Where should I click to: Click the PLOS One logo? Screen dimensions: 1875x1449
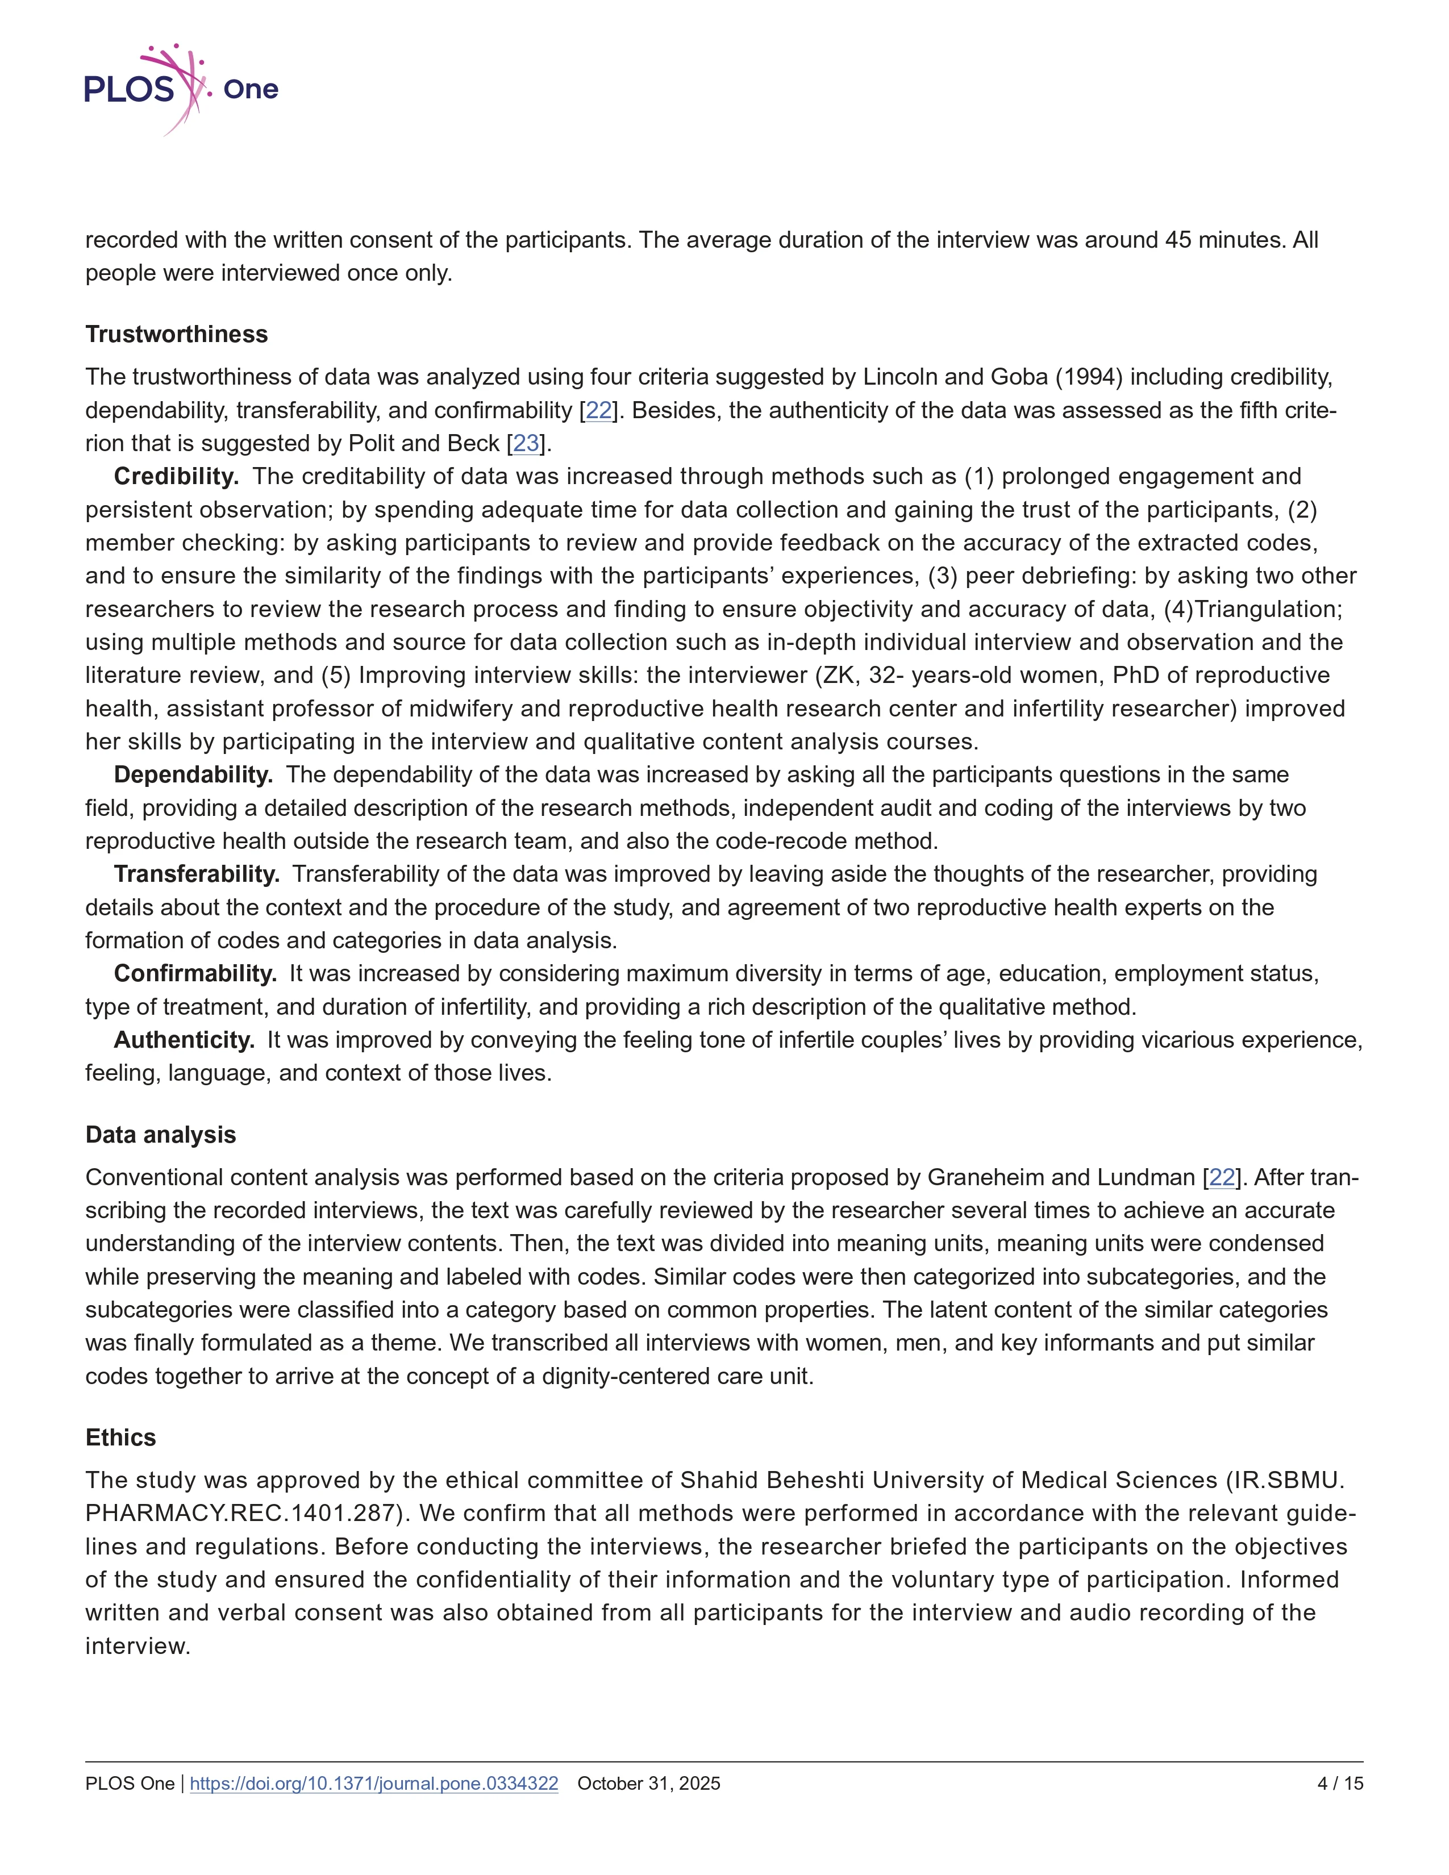(181, 89)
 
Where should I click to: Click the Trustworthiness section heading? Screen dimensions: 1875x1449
(176, 334)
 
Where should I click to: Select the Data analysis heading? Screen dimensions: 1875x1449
(160, 1135)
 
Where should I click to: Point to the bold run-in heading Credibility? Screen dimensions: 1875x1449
(176, 477)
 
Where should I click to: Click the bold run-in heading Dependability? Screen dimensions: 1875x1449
(193, 774)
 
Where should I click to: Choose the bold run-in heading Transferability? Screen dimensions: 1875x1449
(197, 874)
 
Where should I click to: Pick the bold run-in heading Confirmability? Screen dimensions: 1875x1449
(195, 973)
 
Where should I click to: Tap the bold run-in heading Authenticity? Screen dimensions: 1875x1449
(184, 1040)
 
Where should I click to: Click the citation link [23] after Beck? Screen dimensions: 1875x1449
(526, 444)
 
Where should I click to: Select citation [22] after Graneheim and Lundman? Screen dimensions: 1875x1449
(1222, 1177)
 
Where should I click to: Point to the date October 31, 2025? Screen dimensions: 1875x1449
(649, 1783)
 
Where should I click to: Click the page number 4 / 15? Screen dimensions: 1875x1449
(1340, 1783)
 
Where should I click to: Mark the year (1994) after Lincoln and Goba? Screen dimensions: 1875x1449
(1089, 377)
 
